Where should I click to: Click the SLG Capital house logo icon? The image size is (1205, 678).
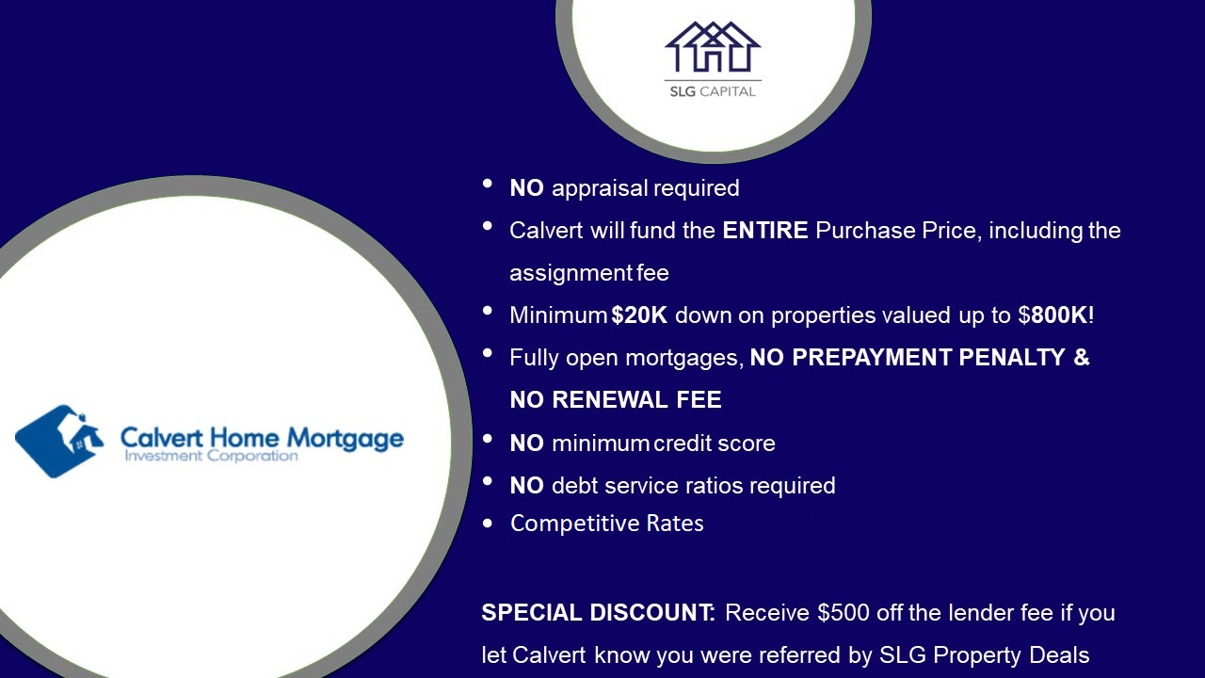[713, 47]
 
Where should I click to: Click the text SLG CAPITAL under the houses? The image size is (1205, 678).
[713, 91]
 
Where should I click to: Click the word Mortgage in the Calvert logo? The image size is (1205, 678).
[345, 440]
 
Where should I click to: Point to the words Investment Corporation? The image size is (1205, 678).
[211, 457]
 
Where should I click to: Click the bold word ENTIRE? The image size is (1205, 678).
[765, 231]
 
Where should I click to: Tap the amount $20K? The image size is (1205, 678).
[639, 315]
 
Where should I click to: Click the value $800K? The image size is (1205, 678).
[1055, 315]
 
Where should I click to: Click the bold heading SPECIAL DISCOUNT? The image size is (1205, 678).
[598, 613]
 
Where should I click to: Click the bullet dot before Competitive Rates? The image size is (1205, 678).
[488, 524]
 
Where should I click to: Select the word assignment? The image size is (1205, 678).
[570, 274]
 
